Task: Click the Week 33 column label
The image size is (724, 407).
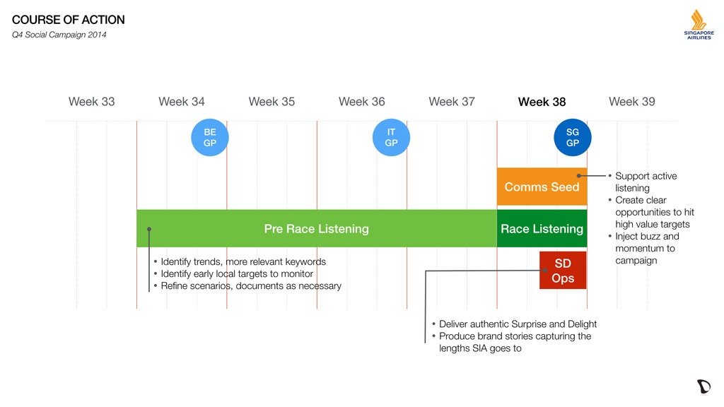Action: (x=91, y=102)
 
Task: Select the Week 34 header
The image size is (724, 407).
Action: (x=182, y=102)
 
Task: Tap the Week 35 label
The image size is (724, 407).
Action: (x=271, y=102)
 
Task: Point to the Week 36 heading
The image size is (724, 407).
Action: (x=361, y=102)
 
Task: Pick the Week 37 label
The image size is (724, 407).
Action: (x=452, y=102)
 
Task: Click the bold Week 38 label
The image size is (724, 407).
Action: (x=542, y=102)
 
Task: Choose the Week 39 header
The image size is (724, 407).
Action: (x=631, y=102)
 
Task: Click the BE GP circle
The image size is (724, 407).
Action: (x=210, y=138)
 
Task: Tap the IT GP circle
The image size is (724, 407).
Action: (x=391, y=138)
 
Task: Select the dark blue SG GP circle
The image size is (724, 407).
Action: (x=573, y=138)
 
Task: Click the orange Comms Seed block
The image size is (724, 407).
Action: (x=542, y=187)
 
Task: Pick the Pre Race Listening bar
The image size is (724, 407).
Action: (x=317, y=228)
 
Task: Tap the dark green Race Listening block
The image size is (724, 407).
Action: (x=542, y=228)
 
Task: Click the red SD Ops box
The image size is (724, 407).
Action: (x=563, y=271)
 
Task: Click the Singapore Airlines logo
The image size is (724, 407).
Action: (x=699, y=25)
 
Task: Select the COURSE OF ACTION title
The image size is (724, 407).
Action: (x=69, y=20)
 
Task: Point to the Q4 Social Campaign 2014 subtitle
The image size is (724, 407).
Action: (x=59, y=35)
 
